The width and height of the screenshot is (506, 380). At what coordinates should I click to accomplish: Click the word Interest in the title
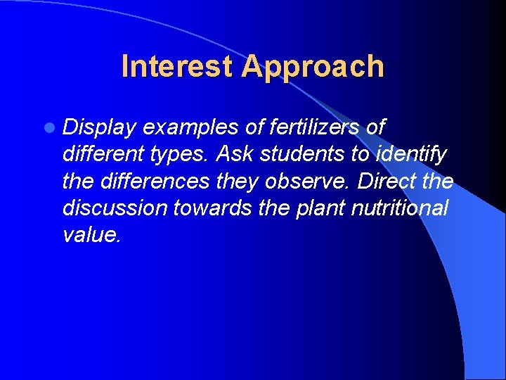pyautogui.click(x=179, y=67)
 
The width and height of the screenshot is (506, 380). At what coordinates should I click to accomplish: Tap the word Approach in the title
pyautogui.click(x=313, y=67)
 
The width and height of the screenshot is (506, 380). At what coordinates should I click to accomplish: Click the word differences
pyautogui.click(x=155, y=181)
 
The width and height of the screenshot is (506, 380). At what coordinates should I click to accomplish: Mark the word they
pyautogui.click(x=234, y=181)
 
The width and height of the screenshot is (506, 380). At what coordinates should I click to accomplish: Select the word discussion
pyautogui.click(x=113, y=208)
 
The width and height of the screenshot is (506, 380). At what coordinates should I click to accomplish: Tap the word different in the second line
pyautogui.click(x=103, y=154)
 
